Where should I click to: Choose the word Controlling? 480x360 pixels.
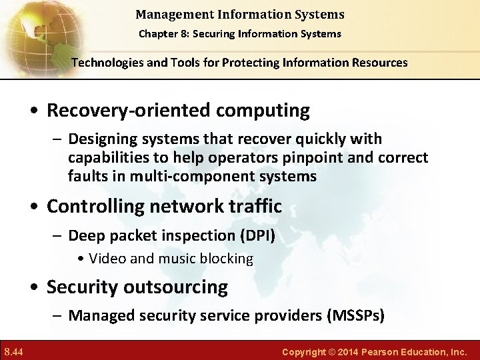coord(102,207)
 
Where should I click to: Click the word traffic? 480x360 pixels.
coord(254,207)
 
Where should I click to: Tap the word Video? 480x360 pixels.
coord(105,259)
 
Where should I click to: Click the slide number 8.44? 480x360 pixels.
coord(14,351)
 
